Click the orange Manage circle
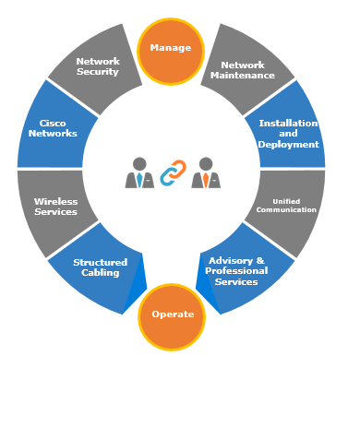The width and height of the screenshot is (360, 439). [x=171, y=52]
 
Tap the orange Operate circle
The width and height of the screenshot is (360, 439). [x=172, y=317]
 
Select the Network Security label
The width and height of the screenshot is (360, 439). [x=98, y=66]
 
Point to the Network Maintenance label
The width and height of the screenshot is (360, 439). [x=243, y=70]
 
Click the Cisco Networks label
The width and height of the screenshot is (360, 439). [x=53, y=128]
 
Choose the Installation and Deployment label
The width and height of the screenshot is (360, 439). [x=288, y=134]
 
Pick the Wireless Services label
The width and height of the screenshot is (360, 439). [x=55, y=207]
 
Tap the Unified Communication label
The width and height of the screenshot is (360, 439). [x=286, y=206]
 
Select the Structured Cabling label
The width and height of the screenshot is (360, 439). [x=101, y=267]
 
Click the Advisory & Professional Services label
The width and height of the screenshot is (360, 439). [x=236, y=271]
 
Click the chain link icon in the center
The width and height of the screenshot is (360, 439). [x=173, y=172]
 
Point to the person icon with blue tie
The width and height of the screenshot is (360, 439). [x=139, y=172]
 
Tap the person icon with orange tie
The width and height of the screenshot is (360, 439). [x=206, y=172]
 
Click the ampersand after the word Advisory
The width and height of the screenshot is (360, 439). [x=260, y=261]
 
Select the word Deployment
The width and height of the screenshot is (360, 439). [x=288, y=145]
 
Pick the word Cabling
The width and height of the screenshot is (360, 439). [x=101, y=273]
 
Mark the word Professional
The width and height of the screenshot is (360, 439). [x=236, y=271]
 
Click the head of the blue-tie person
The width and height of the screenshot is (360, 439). [x=139, y=163]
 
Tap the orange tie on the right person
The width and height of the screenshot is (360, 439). [x=206, y=180]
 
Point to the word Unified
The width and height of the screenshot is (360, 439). [x=286, y=202]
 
